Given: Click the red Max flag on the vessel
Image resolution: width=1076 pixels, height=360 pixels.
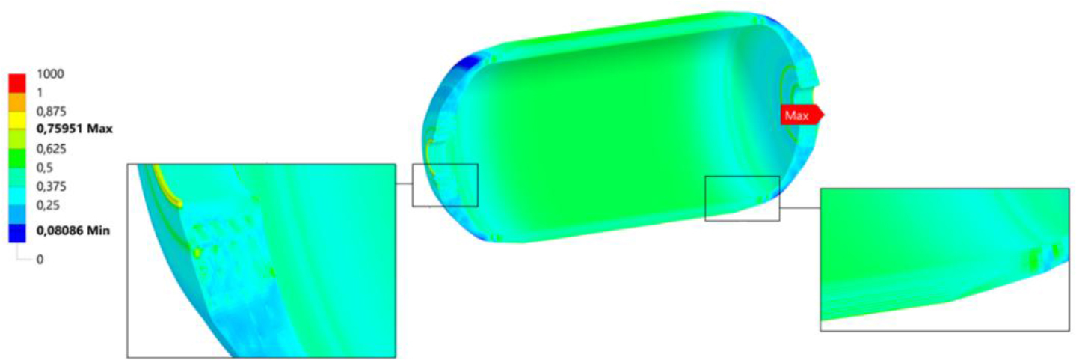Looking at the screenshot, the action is click(x=802, y=115).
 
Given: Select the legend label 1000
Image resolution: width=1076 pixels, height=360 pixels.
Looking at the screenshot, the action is click(x=50, y=74).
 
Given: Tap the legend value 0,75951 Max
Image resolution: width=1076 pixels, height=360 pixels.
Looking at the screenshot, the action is click(x=75, y=129).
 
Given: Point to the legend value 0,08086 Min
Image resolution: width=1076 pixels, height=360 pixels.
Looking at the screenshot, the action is click(x=73, y=231).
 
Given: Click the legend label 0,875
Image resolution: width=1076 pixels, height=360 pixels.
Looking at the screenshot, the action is click(x=51, y=112).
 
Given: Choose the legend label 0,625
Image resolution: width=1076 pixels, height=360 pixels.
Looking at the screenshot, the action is click(x=51, y=149).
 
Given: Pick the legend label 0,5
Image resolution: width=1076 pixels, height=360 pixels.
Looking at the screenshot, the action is click(x=45, y=168).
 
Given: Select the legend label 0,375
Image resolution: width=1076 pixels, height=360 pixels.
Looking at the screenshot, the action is click(x=51, y=186).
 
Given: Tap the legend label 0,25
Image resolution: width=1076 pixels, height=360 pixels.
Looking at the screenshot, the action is click(x=48, y=205).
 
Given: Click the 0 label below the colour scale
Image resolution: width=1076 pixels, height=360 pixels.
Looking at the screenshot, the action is click(x=40, y=260).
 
